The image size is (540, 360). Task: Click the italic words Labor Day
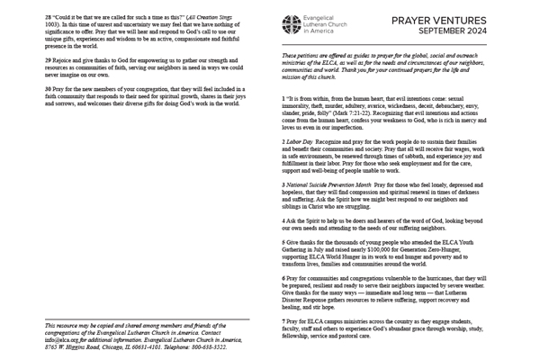(x=302, y=143)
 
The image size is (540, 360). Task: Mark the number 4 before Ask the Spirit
(x=283, y=219)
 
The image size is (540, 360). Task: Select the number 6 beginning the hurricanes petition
(x=283, y=278)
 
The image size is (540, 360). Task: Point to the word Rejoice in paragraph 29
(x=64, y=59)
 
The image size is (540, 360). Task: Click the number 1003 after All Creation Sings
(x=52, y=24)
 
